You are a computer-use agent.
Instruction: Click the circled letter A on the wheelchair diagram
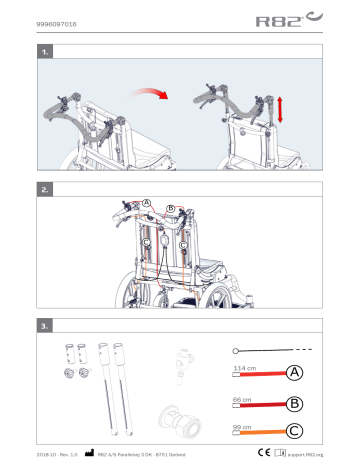(x=147, y=203)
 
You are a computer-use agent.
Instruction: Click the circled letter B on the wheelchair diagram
(x=171, y=209)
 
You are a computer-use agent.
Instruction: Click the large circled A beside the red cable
(x=295, y=373)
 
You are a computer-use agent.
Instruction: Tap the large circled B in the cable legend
(x=295, y=403)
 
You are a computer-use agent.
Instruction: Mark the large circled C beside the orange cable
(x=295, y=432)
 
